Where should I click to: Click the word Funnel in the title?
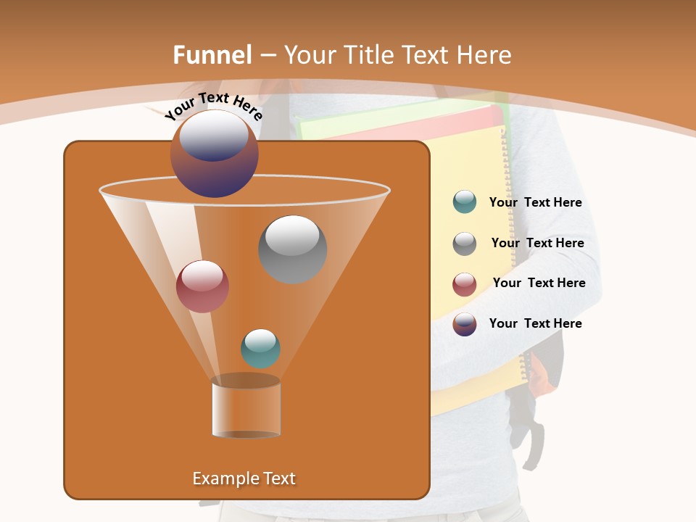pyautogui.click(x=212, y=55)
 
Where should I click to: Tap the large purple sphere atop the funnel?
pyautogui.click(x=215, y=154)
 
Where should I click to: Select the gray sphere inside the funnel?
pyautogui.click(x=293, y=249)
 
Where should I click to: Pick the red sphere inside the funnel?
pyautogui.click(x=202, y=286)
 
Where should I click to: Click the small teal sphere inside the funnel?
pyautogui.click(x=260, y=348)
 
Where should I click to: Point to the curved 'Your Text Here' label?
pyautogui.click(x=214, y=105)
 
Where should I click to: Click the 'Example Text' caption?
pyautogui.click(x=244, y=478)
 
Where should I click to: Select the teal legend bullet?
pyautogui.click(x=465, y=202)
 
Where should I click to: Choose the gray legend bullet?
pyautogui.click(x=465, y=244)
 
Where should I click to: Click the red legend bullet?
pyautogui.click(x=465, y=284)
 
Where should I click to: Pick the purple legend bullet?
pyautogui.click(x=465, y=324)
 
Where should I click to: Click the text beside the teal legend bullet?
pyautogui.click(x=536, y=203)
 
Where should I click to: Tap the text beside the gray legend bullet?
pyautogui.click(x=537, y=243)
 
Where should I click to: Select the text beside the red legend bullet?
pyautogui.click(x=539, y=283)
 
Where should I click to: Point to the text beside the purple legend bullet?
pyautogui.click(x=536, y=323)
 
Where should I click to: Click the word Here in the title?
pyautogui.click(x=484, y=55)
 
